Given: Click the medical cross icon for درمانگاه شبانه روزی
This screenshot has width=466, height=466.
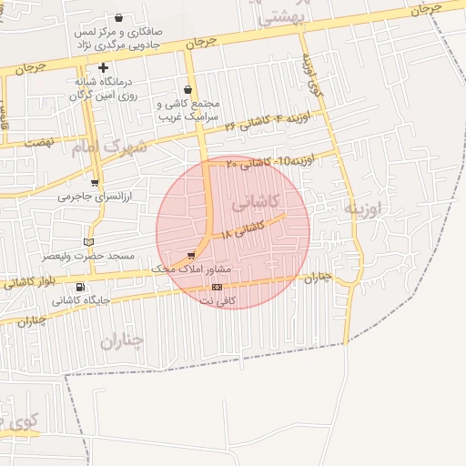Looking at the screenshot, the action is [x=104, y=67].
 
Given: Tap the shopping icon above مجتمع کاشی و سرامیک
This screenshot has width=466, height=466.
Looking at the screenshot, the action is [x=187, y=89].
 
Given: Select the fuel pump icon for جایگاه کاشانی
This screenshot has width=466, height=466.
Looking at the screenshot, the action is [x=81, y=287].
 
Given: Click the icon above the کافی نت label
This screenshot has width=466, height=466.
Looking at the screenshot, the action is [x=216, y=287].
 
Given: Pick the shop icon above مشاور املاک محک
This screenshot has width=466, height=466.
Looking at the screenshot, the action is [x=191, y=256].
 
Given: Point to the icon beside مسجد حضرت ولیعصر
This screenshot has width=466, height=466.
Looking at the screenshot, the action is [x=88, y=242].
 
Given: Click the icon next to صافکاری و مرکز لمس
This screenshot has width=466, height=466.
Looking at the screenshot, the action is [x=120, y=17].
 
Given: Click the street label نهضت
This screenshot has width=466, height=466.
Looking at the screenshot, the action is [x=40, y=143].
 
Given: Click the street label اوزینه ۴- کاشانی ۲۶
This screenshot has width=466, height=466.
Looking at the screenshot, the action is [x=274, y=122].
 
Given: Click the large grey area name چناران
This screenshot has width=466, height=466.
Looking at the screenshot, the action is [x=122, y=341].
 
